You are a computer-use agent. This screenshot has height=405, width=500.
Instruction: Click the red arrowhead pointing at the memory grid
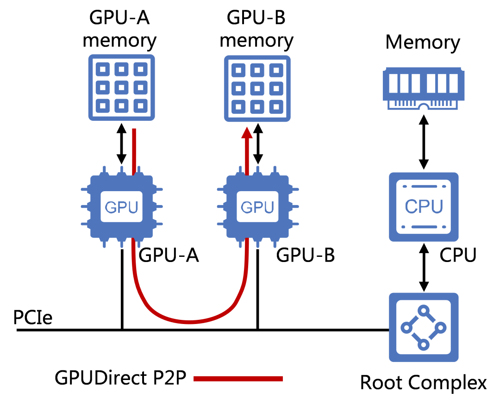[247, 133]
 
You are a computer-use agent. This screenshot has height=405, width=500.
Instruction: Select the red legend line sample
[238, 379]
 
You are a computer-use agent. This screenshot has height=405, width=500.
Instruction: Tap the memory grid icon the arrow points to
[257, 88]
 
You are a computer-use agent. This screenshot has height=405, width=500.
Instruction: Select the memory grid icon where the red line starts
[121, 87]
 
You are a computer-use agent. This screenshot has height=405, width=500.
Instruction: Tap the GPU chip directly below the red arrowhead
[257, 206]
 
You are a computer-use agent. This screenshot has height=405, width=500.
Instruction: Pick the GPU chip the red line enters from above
[121, 206]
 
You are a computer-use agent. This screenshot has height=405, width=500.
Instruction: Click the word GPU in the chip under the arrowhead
[257, 207]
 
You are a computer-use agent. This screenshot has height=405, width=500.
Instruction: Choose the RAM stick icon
[423, 88]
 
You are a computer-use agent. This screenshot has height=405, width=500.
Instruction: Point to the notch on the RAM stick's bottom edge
[423, 107]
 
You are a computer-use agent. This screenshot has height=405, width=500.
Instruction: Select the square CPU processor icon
[424, 207]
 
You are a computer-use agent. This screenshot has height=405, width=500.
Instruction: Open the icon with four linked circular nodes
[424, 327]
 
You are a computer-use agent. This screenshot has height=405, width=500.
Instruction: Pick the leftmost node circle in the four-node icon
[406, 328]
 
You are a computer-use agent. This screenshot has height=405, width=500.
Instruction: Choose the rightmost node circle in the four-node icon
[440, 328]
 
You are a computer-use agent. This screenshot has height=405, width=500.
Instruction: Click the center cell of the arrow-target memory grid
[257, 88]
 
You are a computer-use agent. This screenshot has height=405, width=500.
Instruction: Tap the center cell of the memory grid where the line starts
[121, 87]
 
